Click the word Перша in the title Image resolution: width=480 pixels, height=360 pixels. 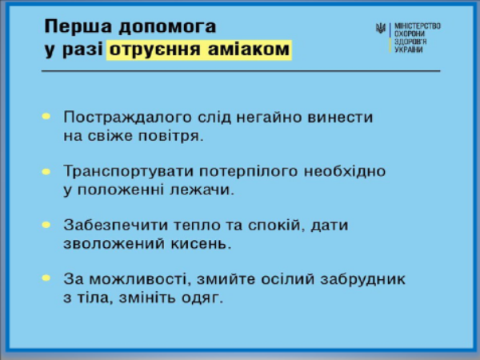(x=78, y=27)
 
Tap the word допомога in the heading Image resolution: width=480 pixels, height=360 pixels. (x=167, y=27)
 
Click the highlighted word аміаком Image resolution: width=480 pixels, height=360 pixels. (x=249, y=50)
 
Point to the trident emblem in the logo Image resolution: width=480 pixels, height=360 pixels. (x=381, y=29)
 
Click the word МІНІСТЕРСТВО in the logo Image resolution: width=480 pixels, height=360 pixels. (x=418, y=26)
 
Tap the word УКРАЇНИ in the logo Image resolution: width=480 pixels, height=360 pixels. (x=408, y=50)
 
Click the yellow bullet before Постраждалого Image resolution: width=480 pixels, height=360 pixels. (x=46, y=116)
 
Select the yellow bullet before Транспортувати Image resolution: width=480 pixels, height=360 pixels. (x=46, y=172)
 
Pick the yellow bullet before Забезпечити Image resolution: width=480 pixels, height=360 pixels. (x=46, y=225)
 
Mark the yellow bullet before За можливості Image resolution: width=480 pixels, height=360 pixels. (x=46, y=278)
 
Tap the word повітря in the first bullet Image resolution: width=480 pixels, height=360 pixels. (x=171, y=137)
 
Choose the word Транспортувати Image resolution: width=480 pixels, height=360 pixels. (x=128, y=172)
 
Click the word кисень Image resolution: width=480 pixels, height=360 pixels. (x=201, y=244)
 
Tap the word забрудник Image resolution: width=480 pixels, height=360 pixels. (x=362, y=279)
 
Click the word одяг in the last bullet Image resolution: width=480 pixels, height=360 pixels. (x=202, y=298)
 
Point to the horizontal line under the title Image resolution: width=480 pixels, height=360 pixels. (x=241, y=71)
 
